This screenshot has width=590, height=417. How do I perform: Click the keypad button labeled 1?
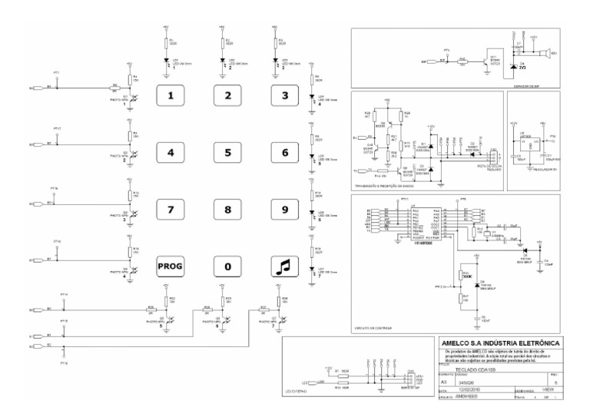tap(171, 97)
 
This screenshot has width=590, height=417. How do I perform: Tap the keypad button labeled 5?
tap(227, 152)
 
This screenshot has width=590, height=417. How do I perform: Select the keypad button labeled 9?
tap(283, 208)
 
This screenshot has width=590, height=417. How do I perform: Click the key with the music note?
tap(283, 266)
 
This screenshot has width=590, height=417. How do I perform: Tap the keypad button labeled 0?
tap(227, 266)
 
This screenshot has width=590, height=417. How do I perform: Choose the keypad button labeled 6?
tap(283, 152)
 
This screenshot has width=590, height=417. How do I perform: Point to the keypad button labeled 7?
tap(171, 208)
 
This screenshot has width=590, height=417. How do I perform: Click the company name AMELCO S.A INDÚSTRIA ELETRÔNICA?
tap(502, 343)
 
